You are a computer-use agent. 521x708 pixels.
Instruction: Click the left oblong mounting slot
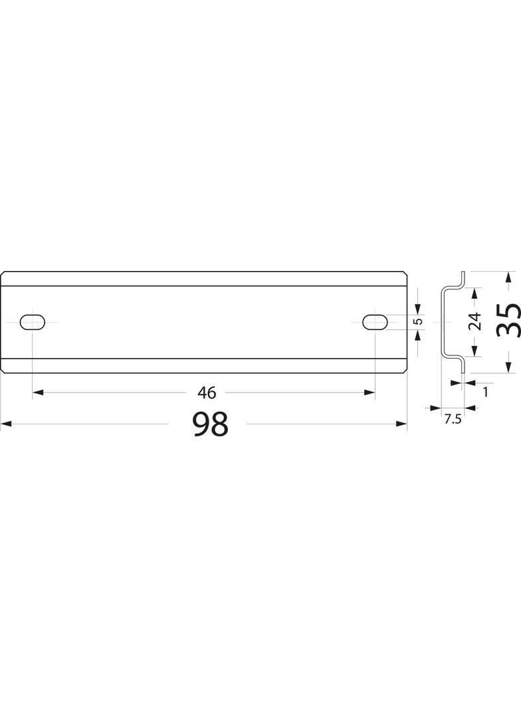(33, 322)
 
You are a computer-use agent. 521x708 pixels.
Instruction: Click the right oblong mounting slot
(375, 322)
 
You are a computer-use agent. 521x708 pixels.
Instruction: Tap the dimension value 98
(210, 424)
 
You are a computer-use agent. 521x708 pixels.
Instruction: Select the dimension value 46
(207, 393)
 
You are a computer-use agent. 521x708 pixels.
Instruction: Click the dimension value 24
(474, 322)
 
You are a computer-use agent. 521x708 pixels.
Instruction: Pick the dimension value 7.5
(453, 418)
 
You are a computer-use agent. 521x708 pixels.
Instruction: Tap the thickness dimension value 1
(485, 393)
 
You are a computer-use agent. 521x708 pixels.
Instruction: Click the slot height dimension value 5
(418, 322)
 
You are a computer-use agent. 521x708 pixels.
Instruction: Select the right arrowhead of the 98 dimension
(402, 423)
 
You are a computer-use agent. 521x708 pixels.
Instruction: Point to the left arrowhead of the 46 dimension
(37, 393)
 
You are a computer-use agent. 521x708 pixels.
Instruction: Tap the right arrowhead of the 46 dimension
(370, 393)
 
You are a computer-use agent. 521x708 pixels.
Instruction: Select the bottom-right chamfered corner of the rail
(404, 371)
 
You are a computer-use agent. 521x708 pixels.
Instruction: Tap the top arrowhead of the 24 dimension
(474, 292)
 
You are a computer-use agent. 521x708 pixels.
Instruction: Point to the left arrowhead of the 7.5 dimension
(436, 407)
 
